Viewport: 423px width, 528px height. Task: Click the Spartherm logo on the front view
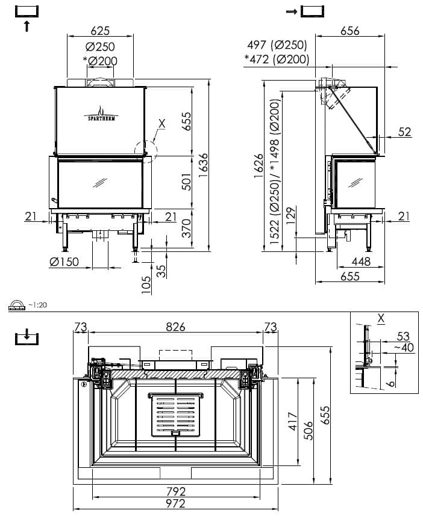coord(101,114)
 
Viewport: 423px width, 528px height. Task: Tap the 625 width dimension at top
coord(100,31)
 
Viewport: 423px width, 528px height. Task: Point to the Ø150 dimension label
coord(64,262)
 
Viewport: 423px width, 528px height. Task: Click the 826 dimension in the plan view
coord(176,327)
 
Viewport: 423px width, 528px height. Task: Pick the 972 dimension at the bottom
coord(176,504)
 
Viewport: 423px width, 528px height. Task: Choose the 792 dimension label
coord(176,492)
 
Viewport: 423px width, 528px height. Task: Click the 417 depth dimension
coord(293,421)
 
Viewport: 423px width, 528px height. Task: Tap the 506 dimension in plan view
coord(309,431)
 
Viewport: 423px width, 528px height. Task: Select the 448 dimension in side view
coord(361,262)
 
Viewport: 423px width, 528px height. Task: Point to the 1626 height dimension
coord(258,166)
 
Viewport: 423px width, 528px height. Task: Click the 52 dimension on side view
coord(405,132)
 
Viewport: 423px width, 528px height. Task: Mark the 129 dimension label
coord(290,216)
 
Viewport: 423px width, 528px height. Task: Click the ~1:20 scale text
coord(37,305)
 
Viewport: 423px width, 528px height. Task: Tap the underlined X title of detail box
coord(381,318)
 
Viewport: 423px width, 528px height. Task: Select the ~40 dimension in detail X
coord(404,347)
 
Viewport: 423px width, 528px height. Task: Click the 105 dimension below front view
coord(146,285)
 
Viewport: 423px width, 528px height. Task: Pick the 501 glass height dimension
coord(186,182)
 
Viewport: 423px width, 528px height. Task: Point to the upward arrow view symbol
coord(27,26)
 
